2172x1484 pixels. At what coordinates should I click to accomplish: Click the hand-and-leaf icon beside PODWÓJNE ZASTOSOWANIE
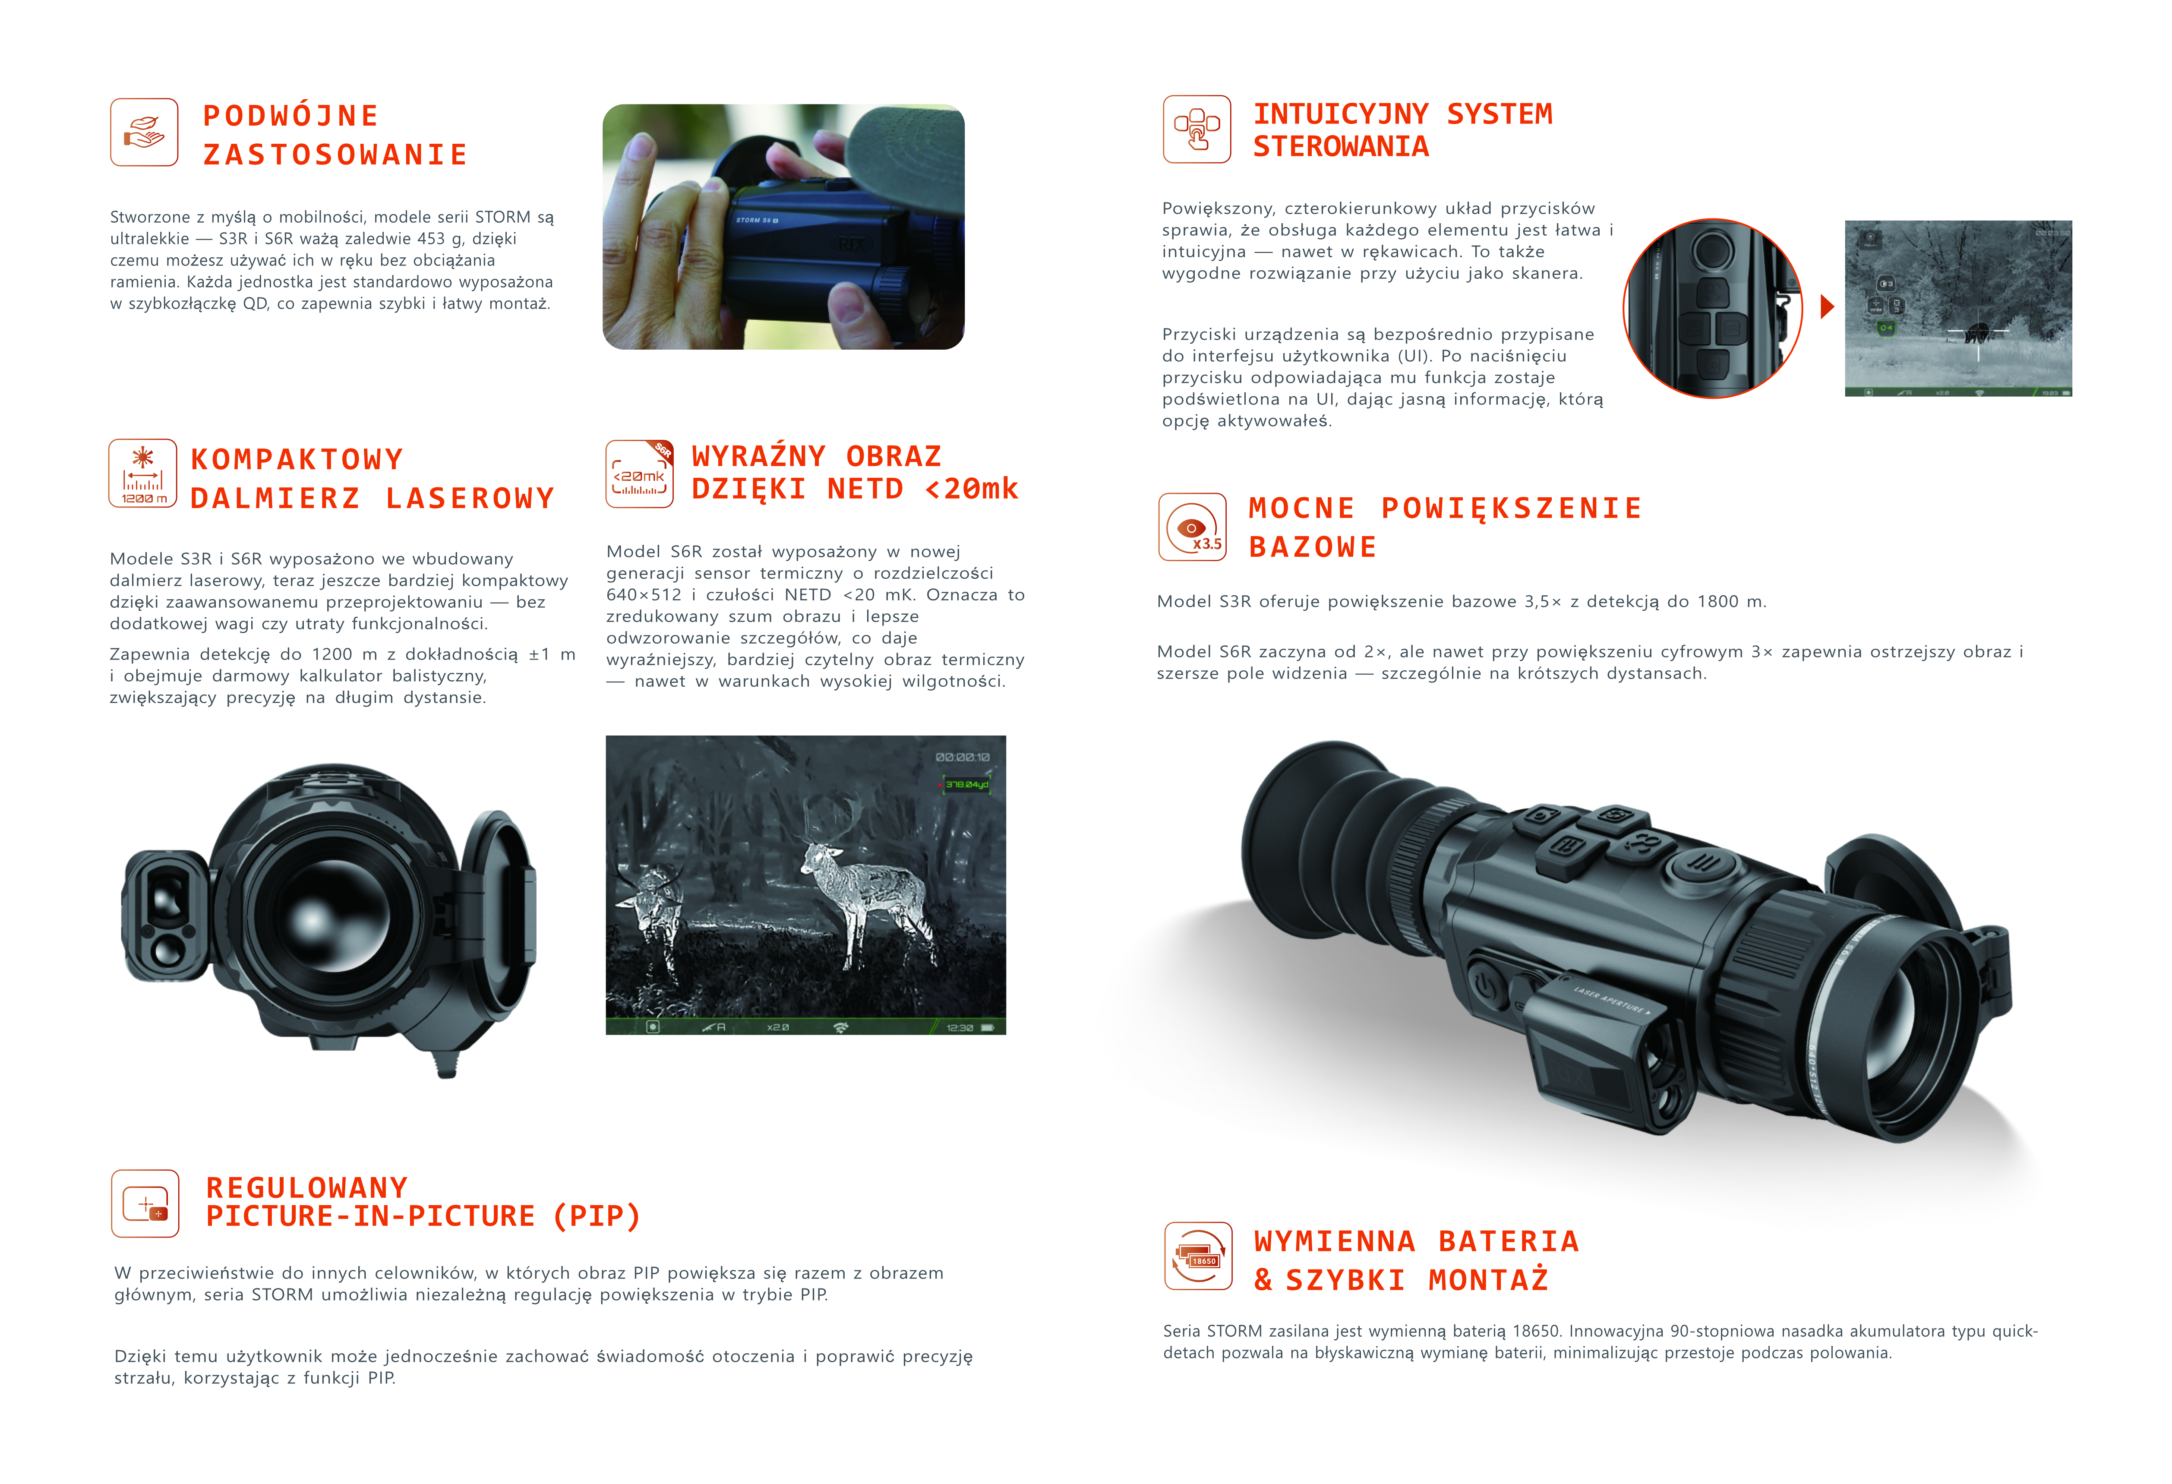pos(144,133)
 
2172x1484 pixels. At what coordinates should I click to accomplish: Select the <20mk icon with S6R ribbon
pos(639,474)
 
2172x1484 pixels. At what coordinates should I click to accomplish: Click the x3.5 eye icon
pos(1193,527)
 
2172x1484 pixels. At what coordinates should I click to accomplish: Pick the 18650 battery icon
pos(1198,1256)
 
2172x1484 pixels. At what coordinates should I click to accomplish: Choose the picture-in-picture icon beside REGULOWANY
pos(145,1204)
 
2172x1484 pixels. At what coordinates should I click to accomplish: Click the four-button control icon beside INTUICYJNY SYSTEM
pos(1197,129)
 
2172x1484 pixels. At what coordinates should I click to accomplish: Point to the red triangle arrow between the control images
pos(1827,306)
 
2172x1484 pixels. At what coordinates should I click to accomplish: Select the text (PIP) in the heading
pos(596,1216)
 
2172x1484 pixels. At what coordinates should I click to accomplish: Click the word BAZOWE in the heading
pos(1313,547)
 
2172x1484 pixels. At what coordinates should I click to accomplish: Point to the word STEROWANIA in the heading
pos(1341,147)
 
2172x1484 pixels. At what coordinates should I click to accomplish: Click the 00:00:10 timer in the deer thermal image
pos(963,757)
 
